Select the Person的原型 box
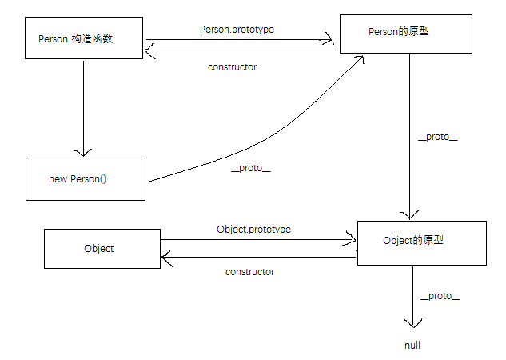tap(404, 33)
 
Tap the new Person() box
tap(85, 178)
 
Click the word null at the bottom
tap(412, 346)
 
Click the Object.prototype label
tap(253, 229)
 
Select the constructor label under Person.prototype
tap(232, 67)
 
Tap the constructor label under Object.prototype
tap(249, 272)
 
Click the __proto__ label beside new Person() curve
tap(250, 168)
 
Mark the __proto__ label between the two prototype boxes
tap(438, 137)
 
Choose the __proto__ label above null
tap(440, 296)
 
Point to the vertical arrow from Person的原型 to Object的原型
tap(410, 136)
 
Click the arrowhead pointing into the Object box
tap(166, 257)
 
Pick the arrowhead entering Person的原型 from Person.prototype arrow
tap(328, 37)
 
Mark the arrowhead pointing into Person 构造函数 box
tap(149, 50)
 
